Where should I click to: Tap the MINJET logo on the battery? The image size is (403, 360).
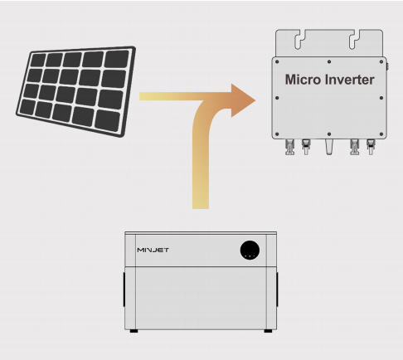[153, 250]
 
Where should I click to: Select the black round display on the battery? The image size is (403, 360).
[250, 250]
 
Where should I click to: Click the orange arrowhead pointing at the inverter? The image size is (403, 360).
[242, 100]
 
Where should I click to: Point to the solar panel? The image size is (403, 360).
[75, 91]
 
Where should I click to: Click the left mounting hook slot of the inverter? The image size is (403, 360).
[299, 41]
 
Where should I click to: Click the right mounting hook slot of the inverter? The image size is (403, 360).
[354, 41]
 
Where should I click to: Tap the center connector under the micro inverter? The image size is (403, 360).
[329, 147]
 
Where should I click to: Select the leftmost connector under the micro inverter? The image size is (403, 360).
[289, 147]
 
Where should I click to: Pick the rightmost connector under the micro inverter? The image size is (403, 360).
[371, 147]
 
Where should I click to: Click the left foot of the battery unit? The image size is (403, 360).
[134, 331]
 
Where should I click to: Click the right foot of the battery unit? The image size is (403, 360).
[268, 331]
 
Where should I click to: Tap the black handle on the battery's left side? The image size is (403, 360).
[124, 289]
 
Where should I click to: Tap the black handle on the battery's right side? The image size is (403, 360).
[277, 289]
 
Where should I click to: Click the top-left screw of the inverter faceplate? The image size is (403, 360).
[277, 61]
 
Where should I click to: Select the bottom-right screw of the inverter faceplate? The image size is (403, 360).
[381, 134]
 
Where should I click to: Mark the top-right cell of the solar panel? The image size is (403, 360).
[117, 59]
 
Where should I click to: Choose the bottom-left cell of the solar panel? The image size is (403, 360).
[27, 106]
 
